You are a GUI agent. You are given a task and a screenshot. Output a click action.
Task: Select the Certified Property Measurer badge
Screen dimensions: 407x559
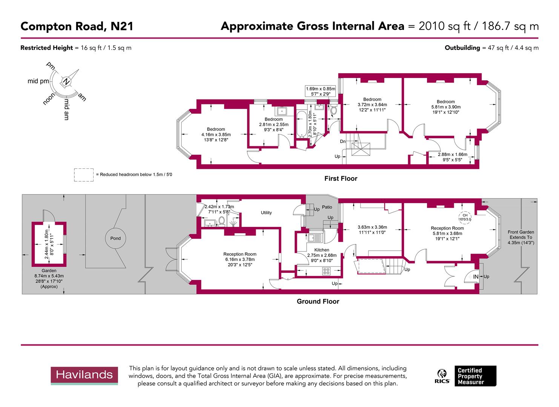pos(475,376)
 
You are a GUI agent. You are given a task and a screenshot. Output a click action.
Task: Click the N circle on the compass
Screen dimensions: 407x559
pos(66,81)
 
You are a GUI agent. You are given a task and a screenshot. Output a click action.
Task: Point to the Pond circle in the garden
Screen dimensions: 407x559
pos(115,238)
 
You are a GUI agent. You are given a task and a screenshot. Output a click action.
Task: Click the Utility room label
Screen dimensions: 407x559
pos(266,213)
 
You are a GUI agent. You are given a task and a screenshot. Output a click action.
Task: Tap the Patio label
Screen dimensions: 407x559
pos(327,207)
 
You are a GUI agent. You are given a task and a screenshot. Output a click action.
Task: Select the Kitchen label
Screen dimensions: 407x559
pos(321,250)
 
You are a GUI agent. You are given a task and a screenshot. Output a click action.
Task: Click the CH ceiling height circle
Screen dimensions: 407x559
pos(465,217)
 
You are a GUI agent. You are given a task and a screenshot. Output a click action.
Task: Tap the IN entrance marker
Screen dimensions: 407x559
pos(476,277)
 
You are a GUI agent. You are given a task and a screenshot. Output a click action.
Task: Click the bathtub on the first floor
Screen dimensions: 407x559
pos(302,124)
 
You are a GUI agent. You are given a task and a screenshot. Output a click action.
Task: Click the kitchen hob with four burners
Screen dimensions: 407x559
pos(326,270)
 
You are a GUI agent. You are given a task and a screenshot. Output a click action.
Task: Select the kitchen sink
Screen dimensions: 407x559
pos(314,238)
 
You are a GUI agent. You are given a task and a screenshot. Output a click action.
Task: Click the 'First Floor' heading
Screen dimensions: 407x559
pos(341,179)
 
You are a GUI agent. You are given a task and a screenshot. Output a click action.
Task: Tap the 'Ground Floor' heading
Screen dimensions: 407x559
pos(318,301)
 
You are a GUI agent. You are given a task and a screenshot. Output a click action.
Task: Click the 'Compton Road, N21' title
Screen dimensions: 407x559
pos(77,26)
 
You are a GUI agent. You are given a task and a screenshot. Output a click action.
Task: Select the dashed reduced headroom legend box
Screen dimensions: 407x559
pos(84,175)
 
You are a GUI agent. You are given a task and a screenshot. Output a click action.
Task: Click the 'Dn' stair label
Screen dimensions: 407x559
pos(342,141)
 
